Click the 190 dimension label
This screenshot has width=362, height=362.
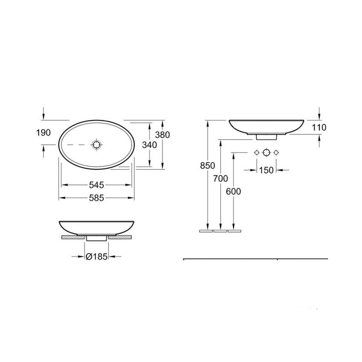(x=43, y=133)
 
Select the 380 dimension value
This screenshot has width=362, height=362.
(x=162, y=135)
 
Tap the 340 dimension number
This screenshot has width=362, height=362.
(x=149, y=145)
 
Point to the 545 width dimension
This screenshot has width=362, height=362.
(x=96, y=185)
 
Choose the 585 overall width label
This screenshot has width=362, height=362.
(x=96, y=198)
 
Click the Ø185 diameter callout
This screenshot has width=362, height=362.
(x=96, y=257)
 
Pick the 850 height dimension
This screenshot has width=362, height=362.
(x=208, y=166)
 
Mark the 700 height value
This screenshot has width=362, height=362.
(x=220, y=178)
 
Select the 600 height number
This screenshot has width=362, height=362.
(x=233, y=191)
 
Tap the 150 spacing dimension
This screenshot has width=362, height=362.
(x=266, y=171)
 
